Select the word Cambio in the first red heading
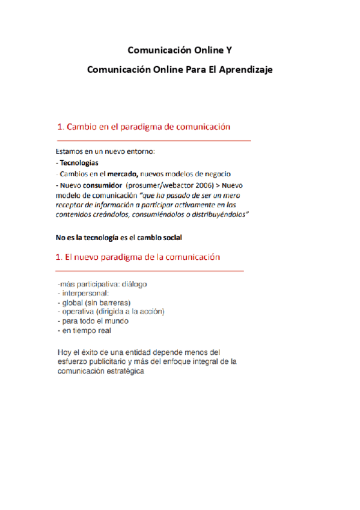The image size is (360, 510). coord(82,127)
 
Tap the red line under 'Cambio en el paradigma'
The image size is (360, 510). coord(153,140)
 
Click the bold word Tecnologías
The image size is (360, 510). coord(79,163)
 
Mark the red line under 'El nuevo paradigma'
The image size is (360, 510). coord(150,271)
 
